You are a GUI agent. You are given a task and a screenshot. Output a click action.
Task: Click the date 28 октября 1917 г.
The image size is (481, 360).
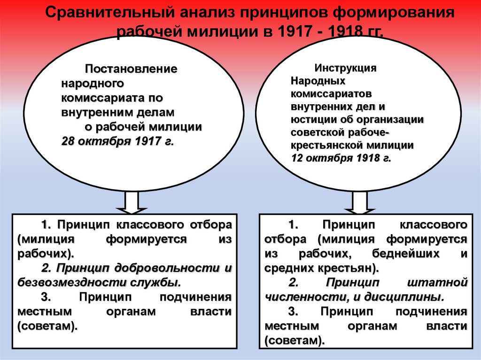[x=117, y=141]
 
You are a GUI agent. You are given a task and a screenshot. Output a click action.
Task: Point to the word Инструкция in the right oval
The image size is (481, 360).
[x=345, y=68]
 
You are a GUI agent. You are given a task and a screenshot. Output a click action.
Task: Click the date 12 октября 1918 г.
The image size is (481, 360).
[x=341, y=158]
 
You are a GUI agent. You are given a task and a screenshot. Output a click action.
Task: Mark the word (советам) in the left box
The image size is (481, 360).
[x=47, y=326]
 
